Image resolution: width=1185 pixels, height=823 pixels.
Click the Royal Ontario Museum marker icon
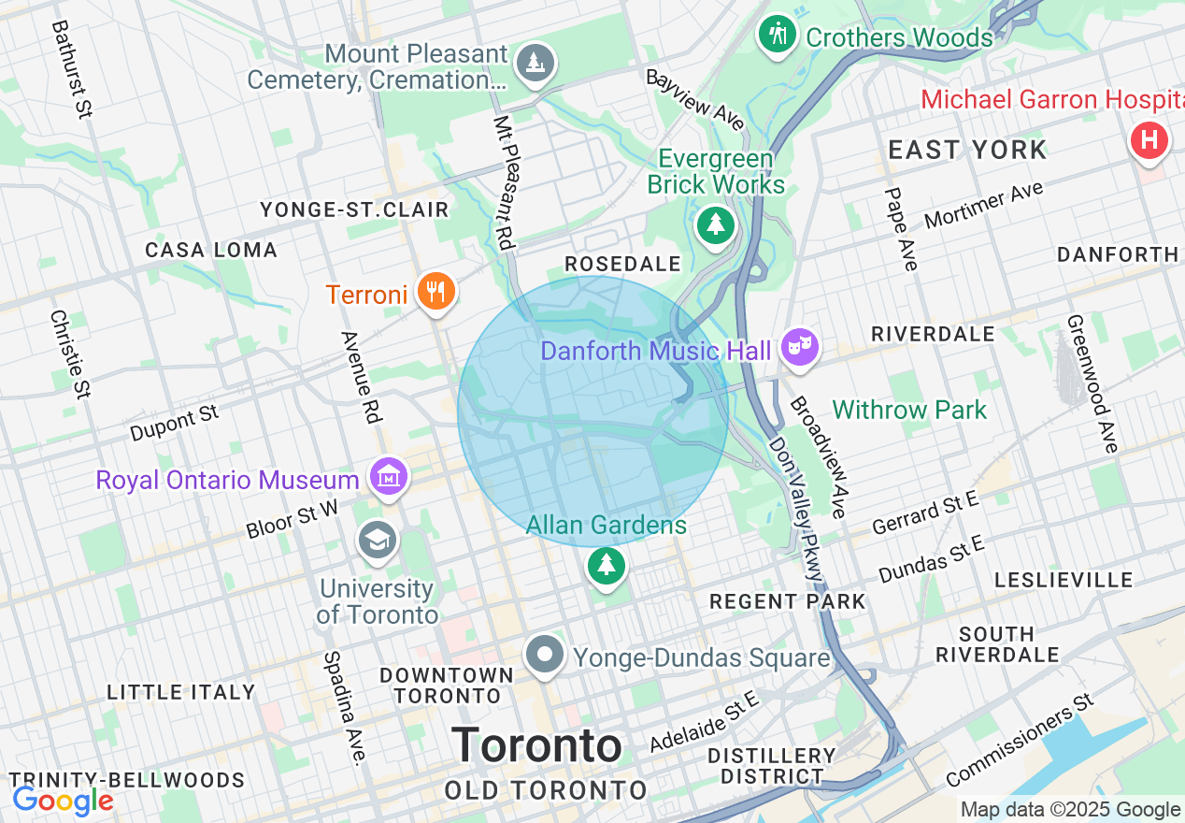[x=390, y=477]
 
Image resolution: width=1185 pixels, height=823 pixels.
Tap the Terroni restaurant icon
[x=435, y=293]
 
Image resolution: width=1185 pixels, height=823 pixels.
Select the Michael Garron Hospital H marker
[x=1149, y=141]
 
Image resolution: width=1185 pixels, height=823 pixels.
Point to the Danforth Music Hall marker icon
[x=799, y=348]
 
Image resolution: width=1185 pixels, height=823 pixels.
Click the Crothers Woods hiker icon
[x=777, y=36]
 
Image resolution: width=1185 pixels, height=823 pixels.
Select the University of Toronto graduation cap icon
[x=378, y=541]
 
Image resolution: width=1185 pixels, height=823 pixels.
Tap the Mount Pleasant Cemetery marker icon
[x=535, y=64]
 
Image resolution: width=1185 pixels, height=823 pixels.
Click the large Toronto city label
[x=537, y=745]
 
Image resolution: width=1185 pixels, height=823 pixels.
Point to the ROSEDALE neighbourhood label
[x=622, y=265]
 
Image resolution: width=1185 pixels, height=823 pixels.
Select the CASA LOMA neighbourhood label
[x=211, y=250]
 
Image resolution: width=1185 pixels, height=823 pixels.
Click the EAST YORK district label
[x=967, y=150]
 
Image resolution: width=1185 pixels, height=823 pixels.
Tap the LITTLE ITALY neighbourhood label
[x=180, y=692]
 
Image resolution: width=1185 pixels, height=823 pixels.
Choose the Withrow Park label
[x=909, y=410]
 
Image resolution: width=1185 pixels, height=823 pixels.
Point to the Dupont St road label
[x=175, y=423]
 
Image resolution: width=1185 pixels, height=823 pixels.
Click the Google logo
[x=63, y=801]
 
